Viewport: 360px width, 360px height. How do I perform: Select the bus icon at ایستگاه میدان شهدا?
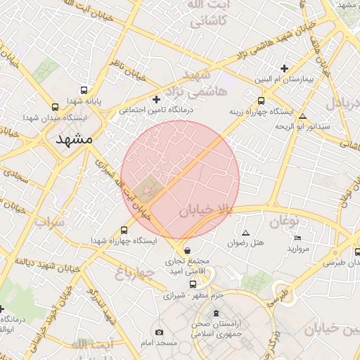(55, 107)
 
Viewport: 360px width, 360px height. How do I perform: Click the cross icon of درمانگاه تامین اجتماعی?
(156, 100)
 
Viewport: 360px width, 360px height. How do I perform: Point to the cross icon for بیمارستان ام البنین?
(284, 68)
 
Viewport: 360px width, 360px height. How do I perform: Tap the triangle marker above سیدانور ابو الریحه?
(302, 117)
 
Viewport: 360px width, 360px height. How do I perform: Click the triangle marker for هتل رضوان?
(245, 233)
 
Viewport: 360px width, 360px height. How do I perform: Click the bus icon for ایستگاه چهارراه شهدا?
(124, 230)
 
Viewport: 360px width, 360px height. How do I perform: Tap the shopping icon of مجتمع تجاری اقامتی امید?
(186, 251)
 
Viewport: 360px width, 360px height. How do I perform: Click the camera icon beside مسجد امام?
(158, 332)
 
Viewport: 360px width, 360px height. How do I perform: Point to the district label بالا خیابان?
(205, 210)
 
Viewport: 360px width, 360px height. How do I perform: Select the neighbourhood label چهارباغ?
(134, 272)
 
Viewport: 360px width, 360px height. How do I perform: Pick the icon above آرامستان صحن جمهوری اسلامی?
(216, 312)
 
